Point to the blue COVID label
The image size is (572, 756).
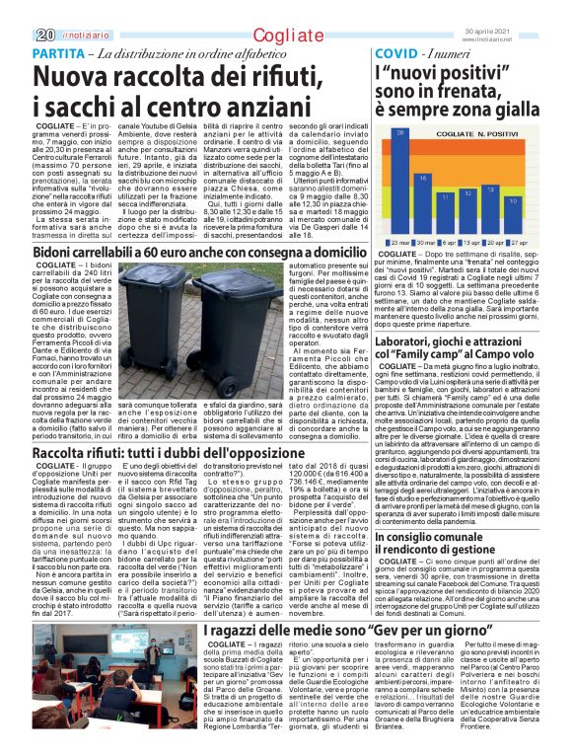click(396, 51)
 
